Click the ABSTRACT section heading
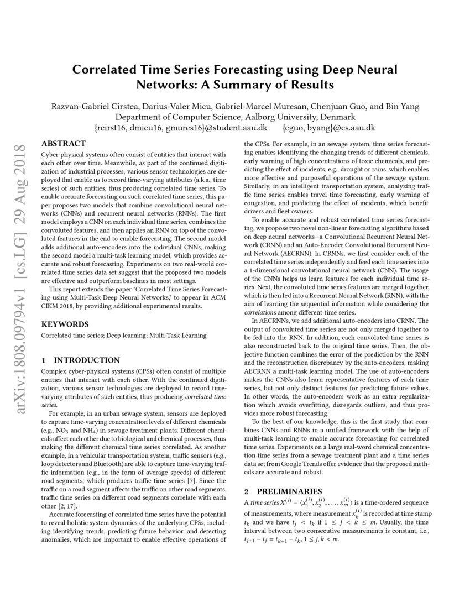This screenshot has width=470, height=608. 64,144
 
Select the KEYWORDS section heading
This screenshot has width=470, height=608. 65,324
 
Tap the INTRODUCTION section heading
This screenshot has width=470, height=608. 86,360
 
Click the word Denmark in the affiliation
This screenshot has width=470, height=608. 336,117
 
